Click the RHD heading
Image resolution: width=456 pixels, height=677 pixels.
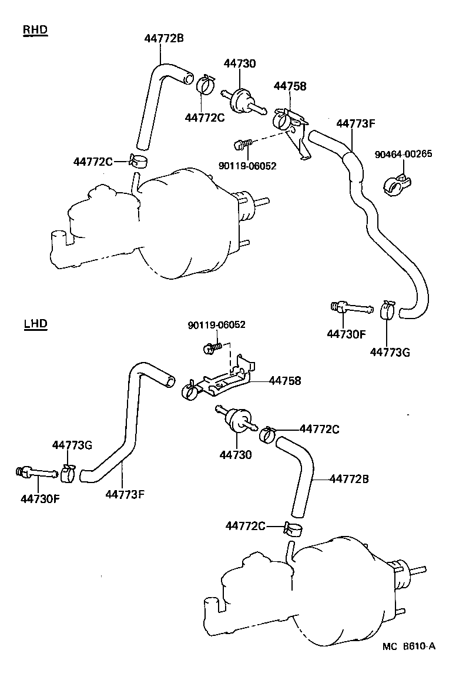35,30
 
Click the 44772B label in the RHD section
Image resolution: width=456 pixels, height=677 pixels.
164,39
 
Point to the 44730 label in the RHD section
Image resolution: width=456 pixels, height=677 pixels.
239,63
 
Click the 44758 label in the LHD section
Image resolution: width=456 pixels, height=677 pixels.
285,381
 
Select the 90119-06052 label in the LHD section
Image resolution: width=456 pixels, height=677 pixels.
217,324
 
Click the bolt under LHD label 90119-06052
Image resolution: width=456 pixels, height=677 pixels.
211,348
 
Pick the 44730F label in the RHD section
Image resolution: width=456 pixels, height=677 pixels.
347,334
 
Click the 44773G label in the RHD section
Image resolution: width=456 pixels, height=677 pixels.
390,352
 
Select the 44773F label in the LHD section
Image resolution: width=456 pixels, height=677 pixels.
125,494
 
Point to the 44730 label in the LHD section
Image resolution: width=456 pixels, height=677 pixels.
236,454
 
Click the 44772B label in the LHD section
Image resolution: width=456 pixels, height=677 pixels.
349,479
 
